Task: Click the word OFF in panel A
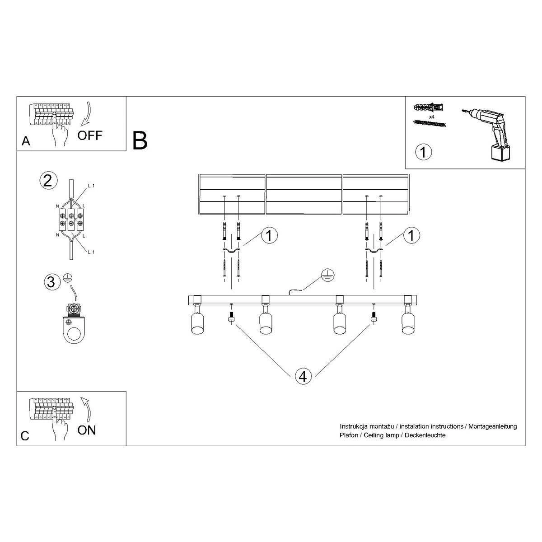pos(90,135)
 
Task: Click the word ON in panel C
pos(86,430)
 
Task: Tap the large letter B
pos(140,140)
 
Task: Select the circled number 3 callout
pos(51,282)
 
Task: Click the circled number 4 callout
pos(303,375)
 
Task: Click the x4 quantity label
pos(431,117)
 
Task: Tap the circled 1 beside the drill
pos(423,151)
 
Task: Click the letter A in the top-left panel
pos(26,142)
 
